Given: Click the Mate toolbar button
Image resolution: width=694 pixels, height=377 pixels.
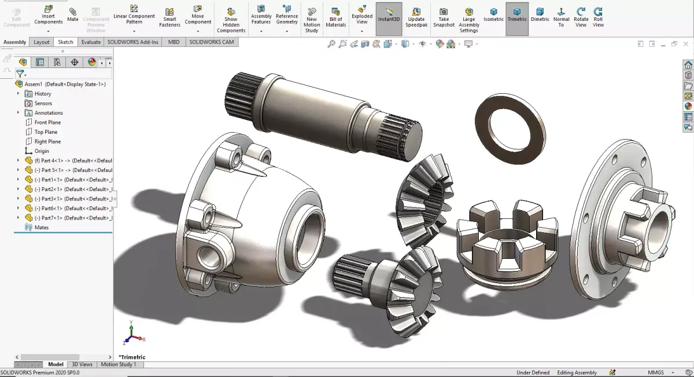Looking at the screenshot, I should (72, 14).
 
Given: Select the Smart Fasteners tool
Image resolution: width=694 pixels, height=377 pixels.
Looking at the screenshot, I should (169, 18).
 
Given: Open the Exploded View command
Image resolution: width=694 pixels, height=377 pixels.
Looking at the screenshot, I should (362, 18).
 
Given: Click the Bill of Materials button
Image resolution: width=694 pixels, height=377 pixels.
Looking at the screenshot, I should (335, 18).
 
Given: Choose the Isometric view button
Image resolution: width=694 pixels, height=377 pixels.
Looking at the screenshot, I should (493, 14).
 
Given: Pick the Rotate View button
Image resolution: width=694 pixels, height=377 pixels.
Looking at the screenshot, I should (581, 17).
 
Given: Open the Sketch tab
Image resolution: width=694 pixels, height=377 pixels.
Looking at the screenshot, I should (65, 42).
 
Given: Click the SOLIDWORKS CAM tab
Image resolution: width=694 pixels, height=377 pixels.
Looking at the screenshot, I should (212, 42).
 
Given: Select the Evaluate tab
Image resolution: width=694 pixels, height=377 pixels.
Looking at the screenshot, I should (91, 42).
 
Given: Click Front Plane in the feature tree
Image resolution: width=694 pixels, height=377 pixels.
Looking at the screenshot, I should (47, 122).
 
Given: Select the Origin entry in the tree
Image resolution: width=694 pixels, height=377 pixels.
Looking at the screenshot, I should (42, 151).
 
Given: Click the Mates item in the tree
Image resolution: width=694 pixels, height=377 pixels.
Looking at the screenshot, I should (42, 228).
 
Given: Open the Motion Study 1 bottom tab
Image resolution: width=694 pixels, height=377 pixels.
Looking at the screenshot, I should (119, 364).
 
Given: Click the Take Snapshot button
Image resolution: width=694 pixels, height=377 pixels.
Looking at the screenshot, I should (444, 18).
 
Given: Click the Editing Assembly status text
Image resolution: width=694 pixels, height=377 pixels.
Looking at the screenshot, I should (577, 372).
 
